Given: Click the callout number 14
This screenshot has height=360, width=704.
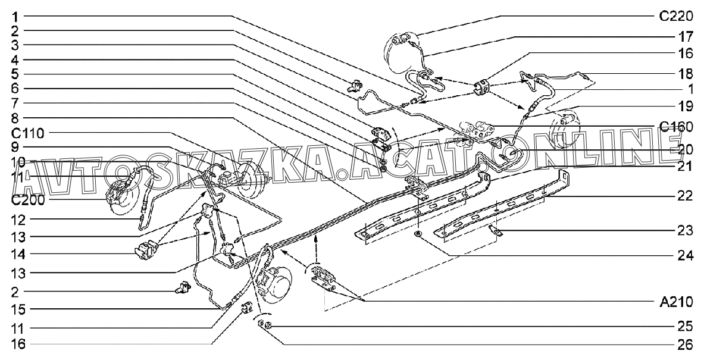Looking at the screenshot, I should pyautogui.click(x=14, y=254).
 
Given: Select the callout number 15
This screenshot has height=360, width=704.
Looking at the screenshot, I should pyautogui.click(x=14, y=309).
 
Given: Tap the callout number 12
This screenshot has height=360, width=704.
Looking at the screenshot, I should pyautogui.click(x=14, y=220).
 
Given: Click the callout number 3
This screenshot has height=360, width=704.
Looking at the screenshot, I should pyautogui.click(x=14, y=45).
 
